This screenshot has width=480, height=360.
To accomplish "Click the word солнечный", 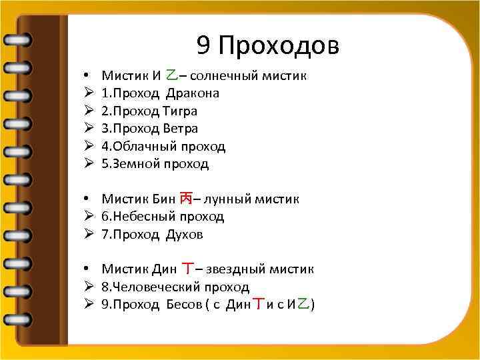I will (x=217, y=76).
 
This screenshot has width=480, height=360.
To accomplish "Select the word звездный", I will (x=236, y=269).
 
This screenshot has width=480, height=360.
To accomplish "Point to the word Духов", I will (x=185, y=234).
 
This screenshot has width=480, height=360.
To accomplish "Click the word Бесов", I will (x=185, y=305).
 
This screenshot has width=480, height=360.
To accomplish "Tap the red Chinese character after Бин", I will (x=187, y=198).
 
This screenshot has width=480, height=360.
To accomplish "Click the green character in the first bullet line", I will (x=172, y=75).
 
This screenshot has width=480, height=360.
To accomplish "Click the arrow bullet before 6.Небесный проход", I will (x=88, y=217).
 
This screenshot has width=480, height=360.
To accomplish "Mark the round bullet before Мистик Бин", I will (x=87, y=199).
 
